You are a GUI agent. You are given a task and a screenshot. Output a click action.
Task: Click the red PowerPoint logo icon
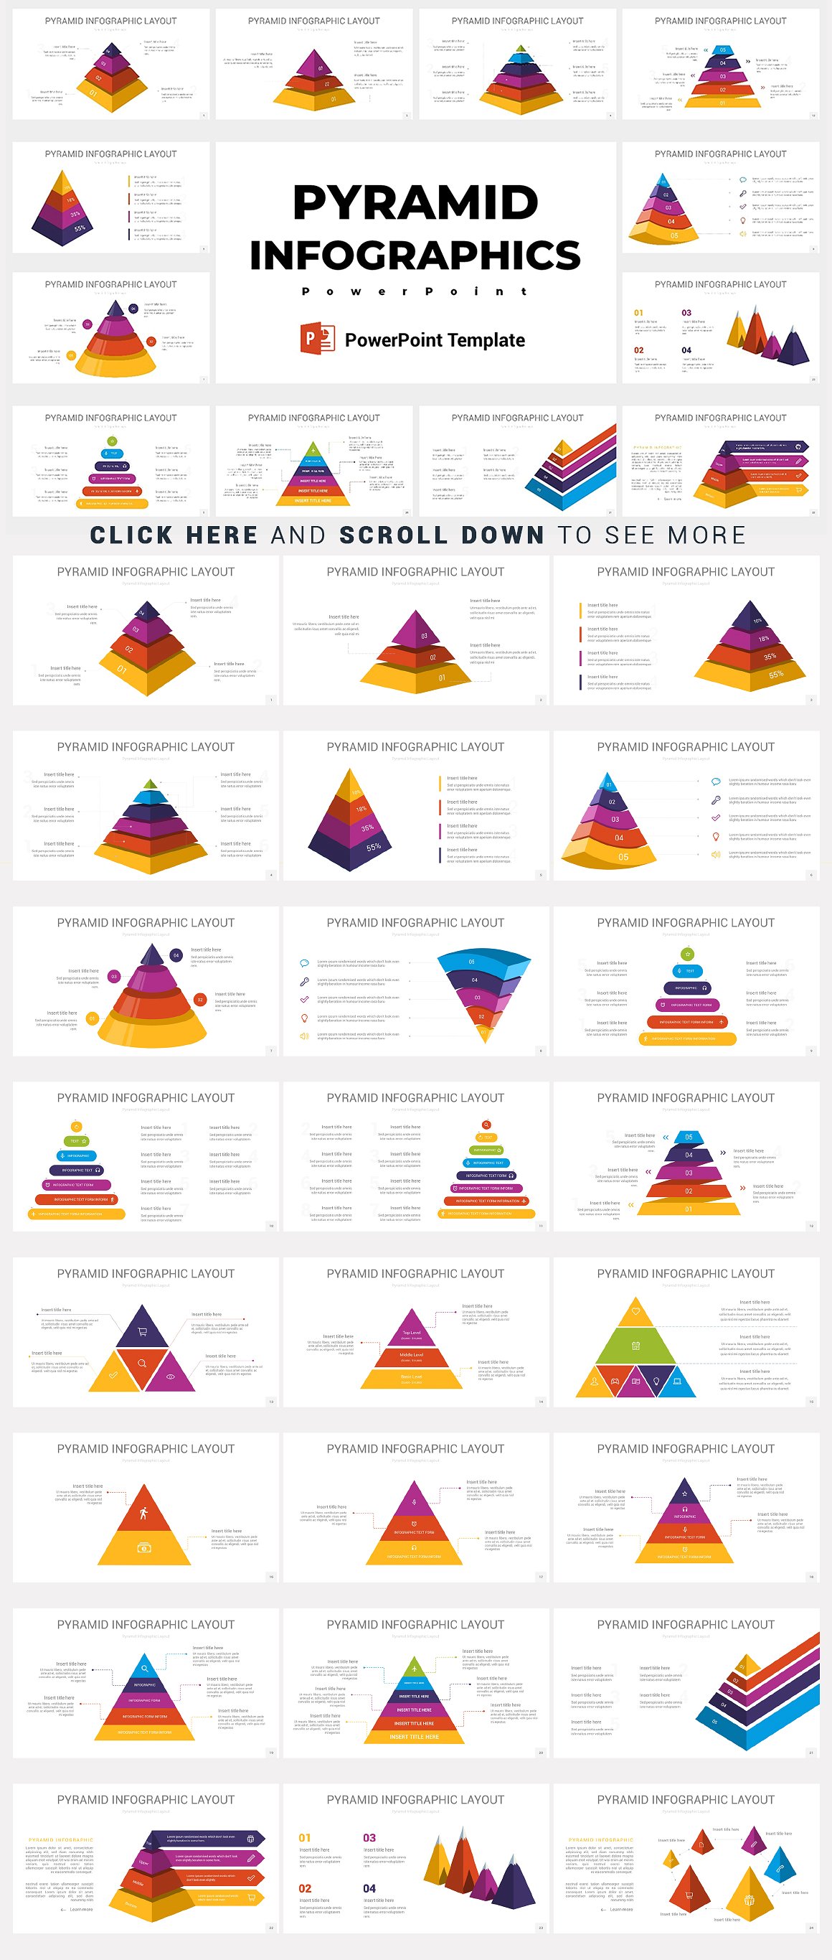[317, 338]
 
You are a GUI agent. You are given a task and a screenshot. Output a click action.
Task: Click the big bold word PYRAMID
[415, 202]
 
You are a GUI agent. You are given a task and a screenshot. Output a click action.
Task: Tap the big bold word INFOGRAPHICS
[415, 255]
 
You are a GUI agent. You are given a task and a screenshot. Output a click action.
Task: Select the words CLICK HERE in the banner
[174, 535]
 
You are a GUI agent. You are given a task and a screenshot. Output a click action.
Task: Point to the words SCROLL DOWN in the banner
[442, 535]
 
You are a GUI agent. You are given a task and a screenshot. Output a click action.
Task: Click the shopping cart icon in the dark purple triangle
[142, 1331]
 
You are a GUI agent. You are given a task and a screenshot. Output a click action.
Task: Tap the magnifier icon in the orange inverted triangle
[142, 1364]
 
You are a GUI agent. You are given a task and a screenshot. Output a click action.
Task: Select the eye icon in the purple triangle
[171, 1377]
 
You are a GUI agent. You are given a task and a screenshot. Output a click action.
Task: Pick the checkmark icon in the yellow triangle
[113, 1377]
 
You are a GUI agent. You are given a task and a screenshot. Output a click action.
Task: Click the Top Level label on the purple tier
[412, 1332]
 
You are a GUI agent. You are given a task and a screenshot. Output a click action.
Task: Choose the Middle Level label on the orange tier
[412, 1355]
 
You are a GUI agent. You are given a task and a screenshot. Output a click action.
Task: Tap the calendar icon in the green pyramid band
[635, 1346]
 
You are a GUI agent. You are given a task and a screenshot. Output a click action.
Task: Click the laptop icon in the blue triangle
[677, 1380]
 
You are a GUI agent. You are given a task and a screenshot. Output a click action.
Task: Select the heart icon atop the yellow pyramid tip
[635, 1310]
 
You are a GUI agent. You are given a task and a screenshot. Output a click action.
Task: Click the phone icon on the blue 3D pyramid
[780, 1870]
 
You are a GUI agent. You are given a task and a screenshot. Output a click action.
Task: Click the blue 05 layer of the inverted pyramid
[471, 962]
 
